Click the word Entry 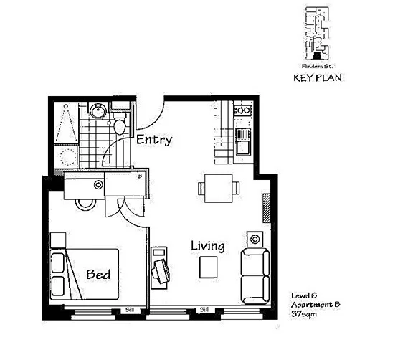point(153,140)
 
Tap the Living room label point(207,246)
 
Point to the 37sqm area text point(303,314)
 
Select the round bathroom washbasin point(98,110)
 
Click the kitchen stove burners point(242,111)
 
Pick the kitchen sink point(243,147)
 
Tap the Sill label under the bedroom point(130,310)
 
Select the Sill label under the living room point(204,310)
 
